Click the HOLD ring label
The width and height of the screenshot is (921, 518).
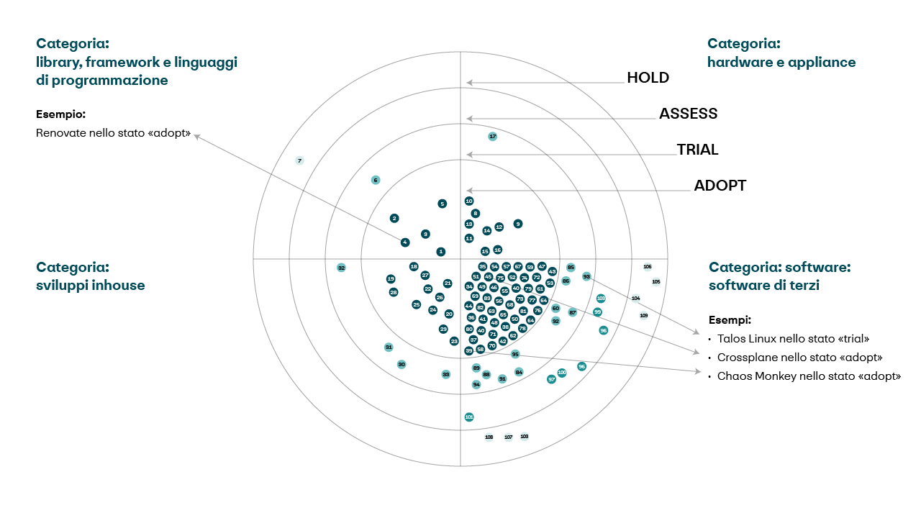pos(648,78)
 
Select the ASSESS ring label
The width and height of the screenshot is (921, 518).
pos(688,114)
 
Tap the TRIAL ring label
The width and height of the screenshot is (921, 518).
pos(697,150)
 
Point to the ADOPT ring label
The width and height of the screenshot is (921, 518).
pos(720,186)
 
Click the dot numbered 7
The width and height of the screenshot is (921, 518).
pos(299,160)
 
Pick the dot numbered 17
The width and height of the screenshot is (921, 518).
pos(492,136)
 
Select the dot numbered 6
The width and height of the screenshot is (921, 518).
pos(375,180)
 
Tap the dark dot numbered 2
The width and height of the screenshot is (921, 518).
pos(394,218)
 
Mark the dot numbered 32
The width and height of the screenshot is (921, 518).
pos(341,268)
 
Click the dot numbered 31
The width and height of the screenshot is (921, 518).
pos(389,347)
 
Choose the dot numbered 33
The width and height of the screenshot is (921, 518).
pos(446,374)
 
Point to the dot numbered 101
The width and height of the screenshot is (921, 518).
pos(469,417)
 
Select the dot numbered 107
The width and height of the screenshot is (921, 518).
pos(508,437)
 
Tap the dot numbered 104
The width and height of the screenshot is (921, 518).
pos(635,298)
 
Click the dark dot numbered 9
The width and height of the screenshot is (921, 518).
pos(518,224)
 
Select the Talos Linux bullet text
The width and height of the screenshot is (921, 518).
pos(793,338)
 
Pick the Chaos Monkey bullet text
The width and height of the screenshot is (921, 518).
pos(808,376)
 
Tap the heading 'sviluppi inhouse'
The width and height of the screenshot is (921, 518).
pos(90,286)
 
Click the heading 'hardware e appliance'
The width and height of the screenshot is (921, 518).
pos(781,62)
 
